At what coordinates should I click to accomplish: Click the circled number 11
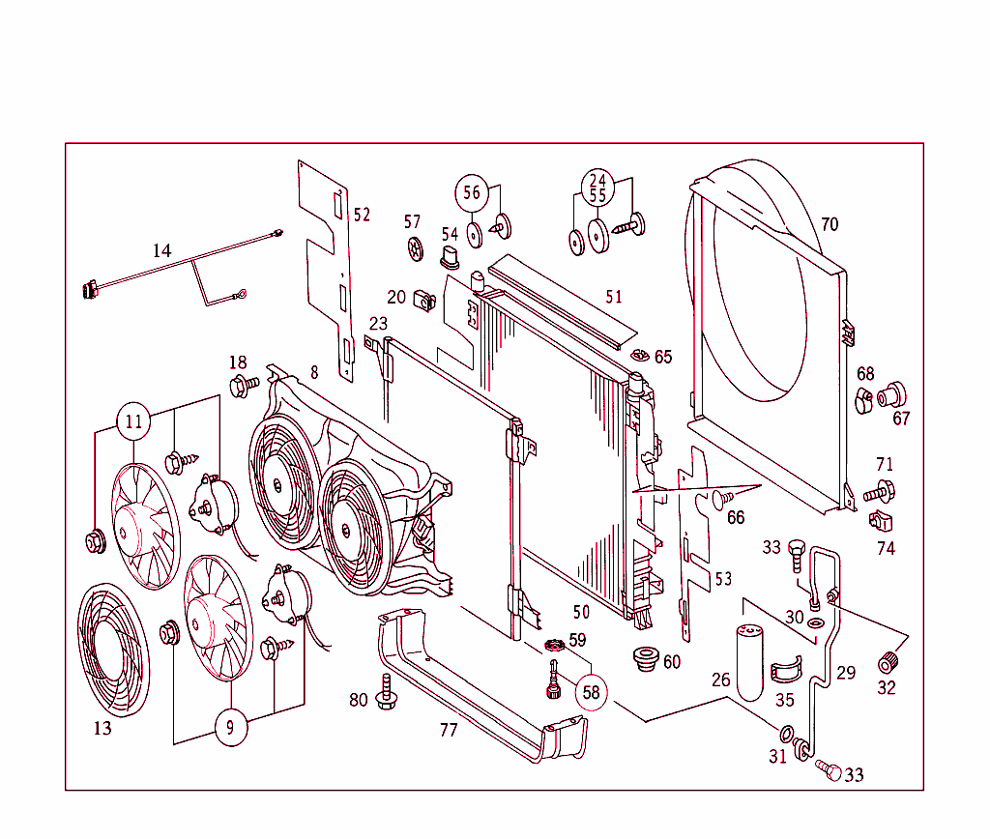pos(133,421)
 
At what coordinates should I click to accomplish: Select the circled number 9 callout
pos(230,727)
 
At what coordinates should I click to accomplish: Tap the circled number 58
pos(592,692)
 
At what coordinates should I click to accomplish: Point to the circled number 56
pos(471,192)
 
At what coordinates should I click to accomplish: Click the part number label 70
pos(829,224)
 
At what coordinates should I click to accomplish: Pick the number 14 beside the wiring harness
pos(161,250)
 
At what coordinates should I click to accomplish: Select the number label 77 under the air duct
pos(448,730)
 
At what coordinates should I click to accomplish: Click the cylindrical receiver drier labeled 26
pos(751,661)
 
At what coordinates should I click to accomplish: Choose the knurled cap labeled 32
pos(887,664)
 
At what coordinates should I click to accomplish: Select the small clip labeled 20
pos(422,299)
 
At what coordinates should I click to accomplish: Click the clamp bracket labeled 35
pos(786,669)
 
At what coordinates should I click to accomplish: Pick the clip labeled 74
pos(880,523)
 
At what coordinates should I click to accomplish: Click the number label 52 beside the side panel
pos(361,215)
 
